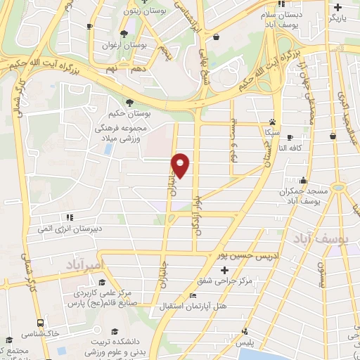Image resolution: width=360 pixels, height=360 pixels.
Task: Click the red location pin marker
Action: point(181,165)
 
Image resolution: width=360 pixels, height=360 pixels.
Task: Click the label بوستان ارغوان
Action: point(145,44)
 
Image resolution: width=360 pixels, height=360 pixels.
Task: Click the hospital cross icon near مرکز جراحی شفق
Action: point(224,270)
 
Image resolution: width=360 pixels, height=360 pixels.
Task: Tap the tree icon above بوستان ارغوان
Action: point(124,33)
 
